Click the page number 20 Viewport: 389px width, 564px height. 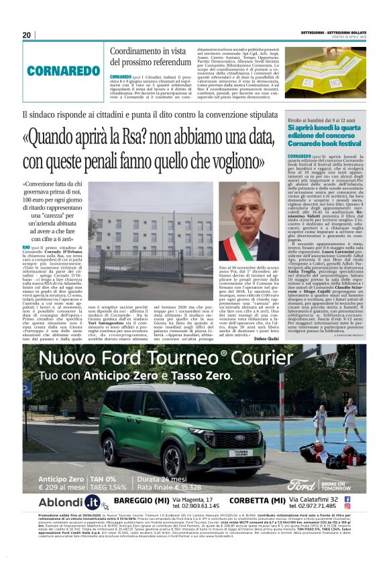(27, 35)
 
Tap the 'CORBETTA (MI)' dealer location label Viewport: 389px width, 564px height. (258, 500)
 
